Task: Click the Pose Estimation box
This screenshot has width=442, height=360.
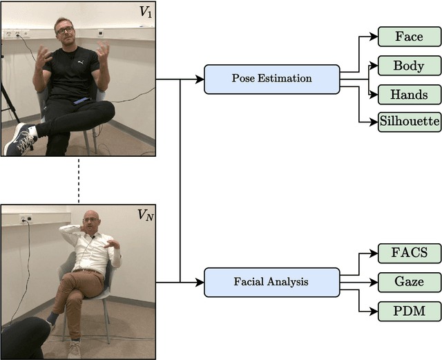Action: pos(271,79)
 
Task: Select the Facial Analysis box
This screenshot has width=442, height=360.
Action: pos(271,282)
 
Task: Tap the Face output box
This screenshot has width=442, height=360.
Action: pos(409,37)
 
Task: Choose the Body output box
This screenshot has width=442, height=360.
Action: pos(409,66)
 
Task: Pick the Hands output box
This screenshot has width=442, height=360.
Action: pos(409,95)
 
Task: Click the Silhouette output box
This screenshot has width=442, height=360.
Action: pos(409,122)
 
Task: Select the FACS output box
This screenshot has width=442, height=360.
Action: pos(409,253)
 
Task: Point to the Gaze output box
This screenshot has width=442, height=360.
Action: pos(409,282)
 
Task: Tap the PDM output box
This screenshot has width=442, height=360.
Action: pos(409,310)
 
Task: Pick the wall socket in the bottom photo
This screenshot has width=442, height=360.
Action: pos(27,219)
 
